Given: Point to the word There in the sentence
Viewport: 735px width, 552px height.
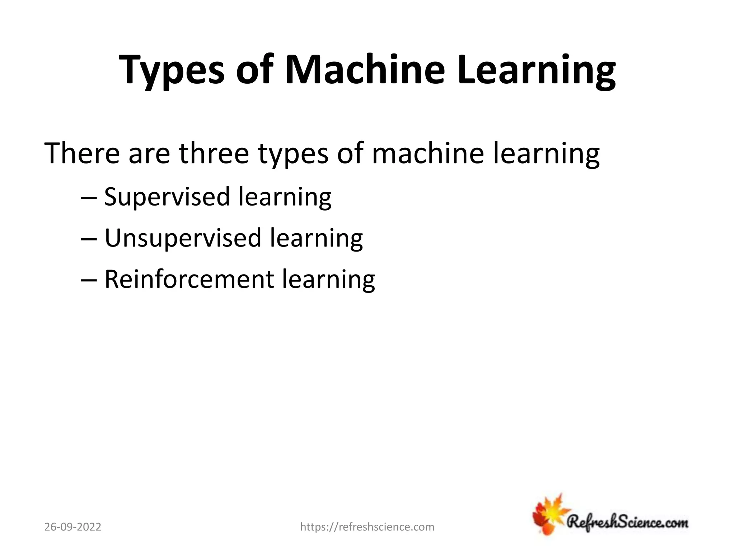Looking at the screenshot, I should coord(82,153).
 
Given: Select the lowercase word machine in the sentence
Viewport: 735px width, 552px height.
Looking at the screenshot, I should coord(428,153).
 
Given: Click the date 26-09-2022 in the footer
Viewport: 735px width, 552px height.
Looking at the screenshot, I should coord(73,527).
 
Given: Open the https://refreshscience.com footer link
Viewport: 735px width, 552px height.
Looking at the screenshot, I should coord(367,527).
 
